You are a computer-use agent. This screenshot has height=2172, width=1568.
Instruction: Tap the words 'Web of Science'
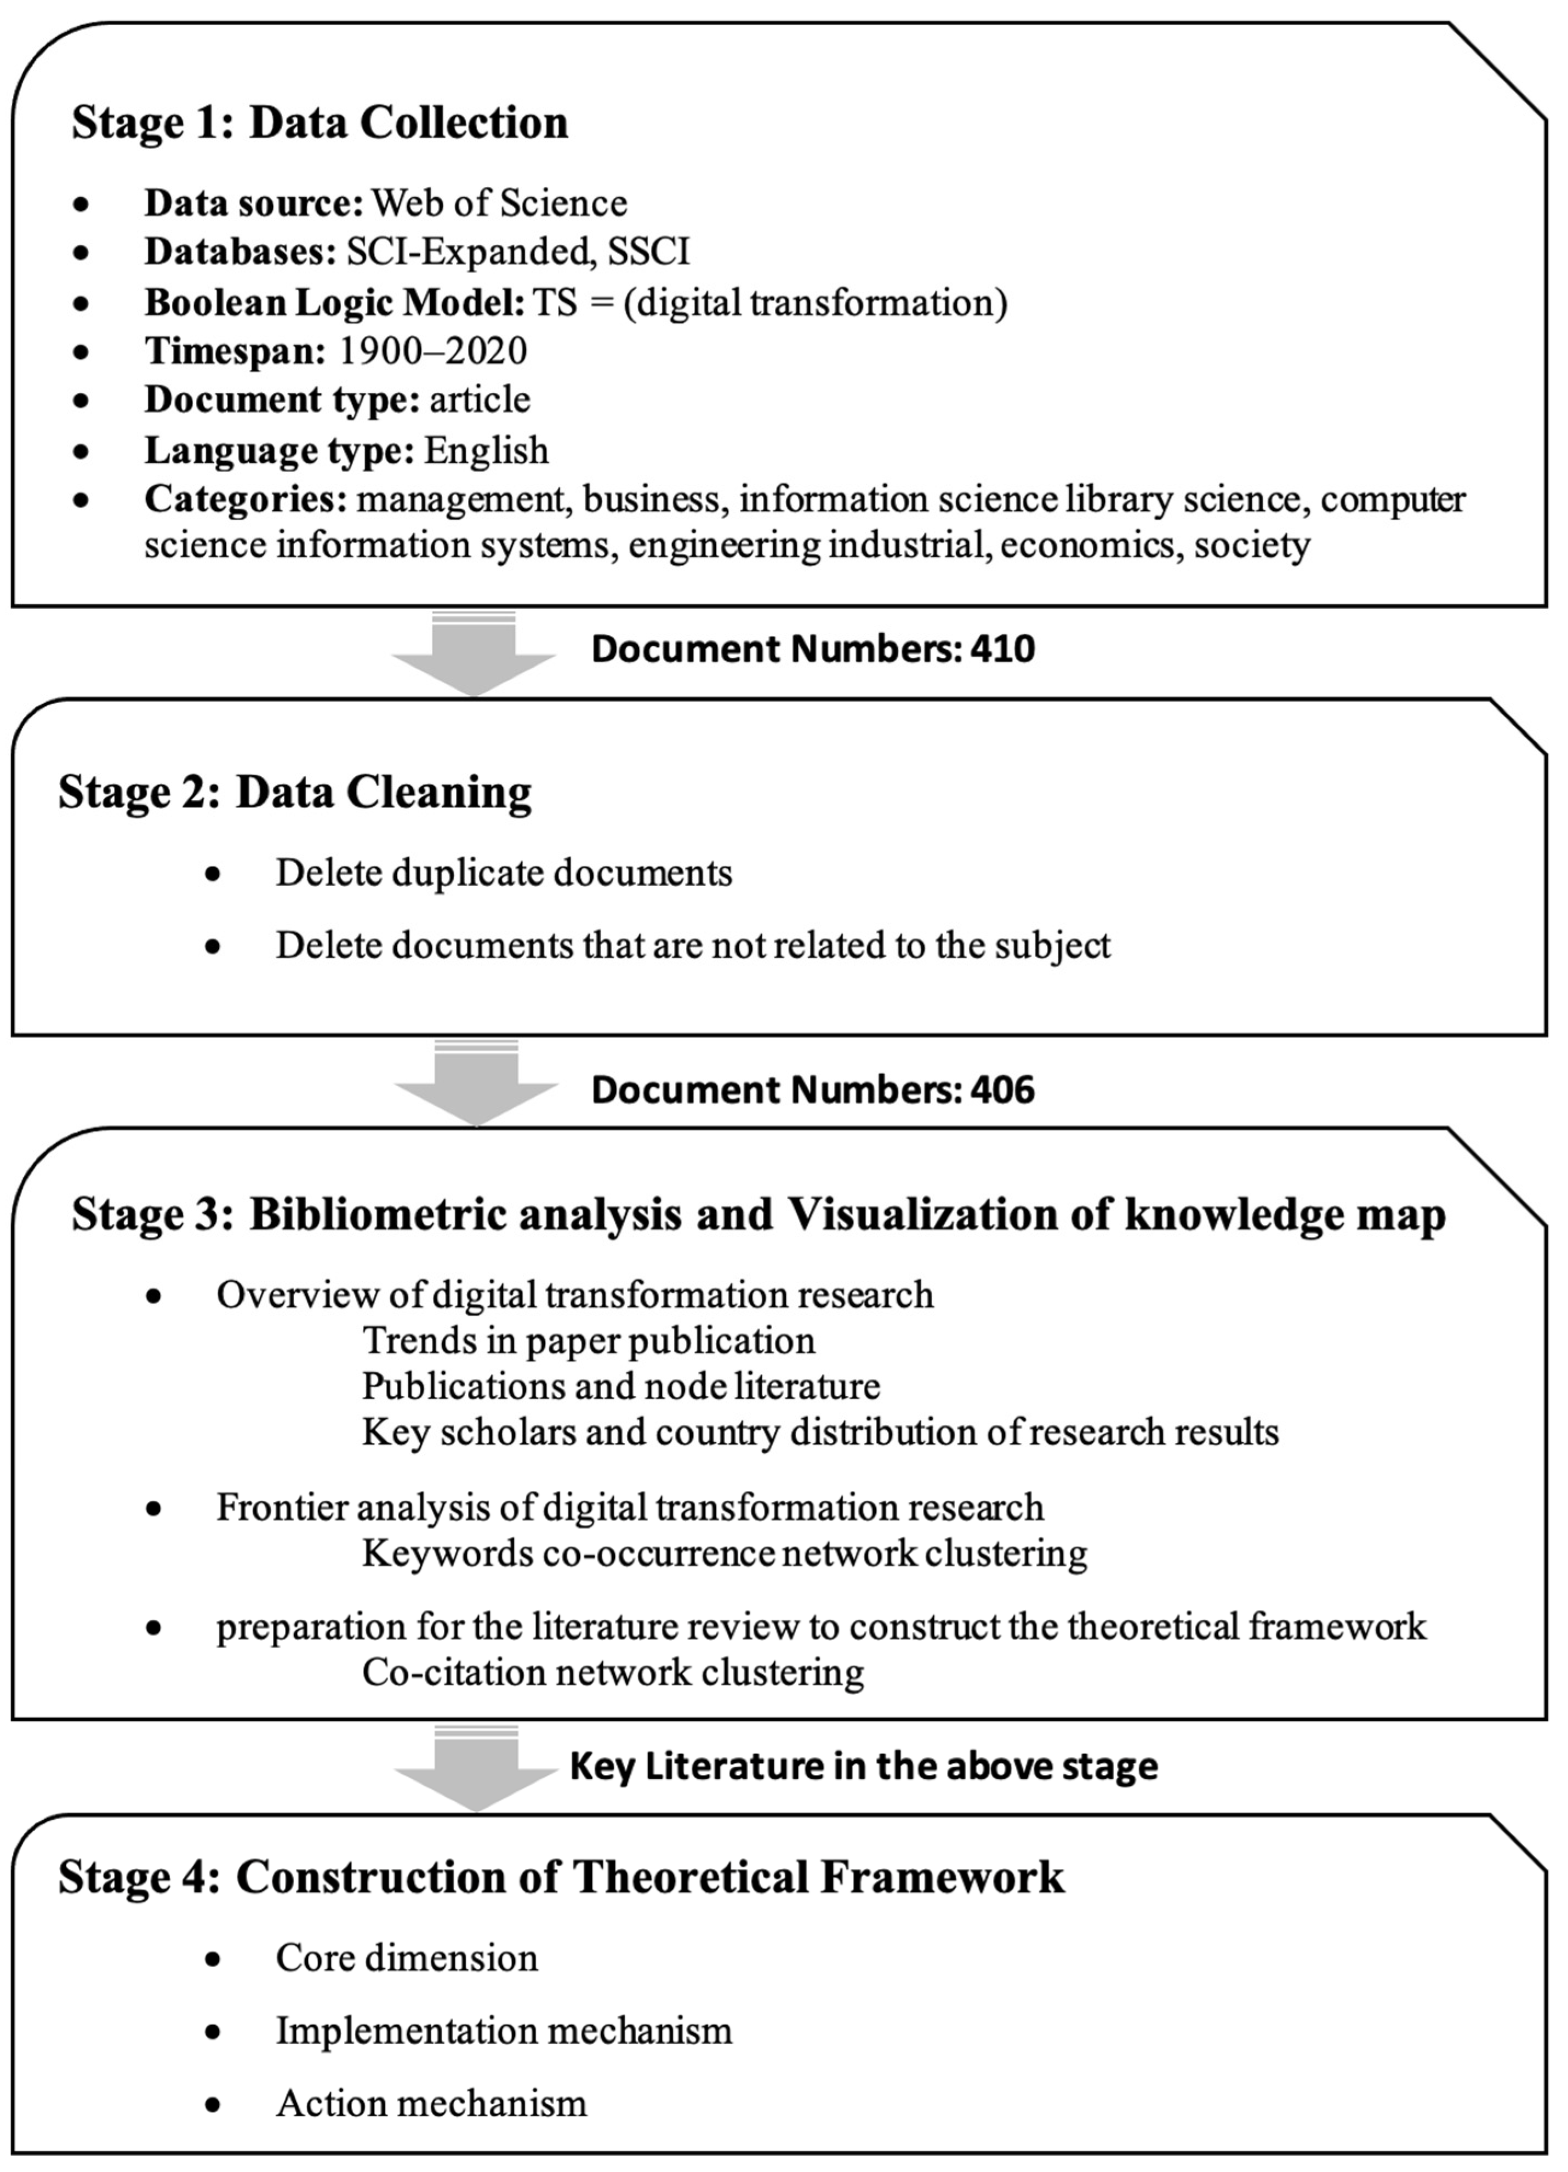tap(499, 203)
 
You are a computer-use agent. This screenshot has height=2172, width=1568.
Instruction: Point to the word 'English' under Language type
tap(487, 450)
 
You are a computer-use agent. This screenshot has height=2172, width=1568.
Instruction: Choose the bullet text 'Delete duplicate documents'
tap(504, 873)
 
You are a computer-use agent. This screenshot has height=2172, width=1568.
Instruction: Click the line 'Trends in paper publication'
tap(588, 1341)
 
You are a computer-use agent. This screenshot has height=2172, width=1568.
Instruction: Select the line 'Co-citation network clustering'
tap(613, 1672)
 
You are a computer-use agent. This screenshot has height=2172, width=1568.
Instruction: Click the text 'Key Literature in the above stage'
tap(863, 1766)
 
